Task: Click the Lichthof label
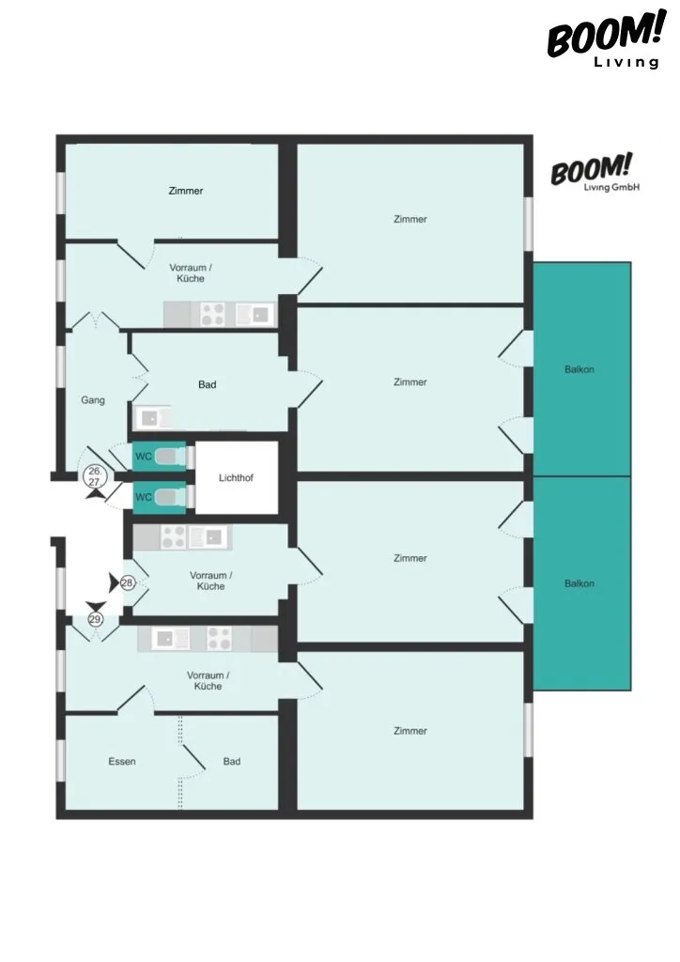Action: [236, 478]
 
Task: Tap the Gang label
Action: [93, 400]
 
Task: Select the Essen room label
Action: [122, 761]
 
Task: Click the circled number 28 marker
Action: [128, 582]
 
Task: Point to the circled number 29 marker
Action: [95, 620]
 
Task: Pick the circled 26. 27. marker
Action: [95, 476]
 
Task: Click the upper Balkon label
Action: [579, 369]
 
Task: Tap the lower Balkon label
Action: [579, 583]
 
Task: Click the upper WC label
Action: [144, 457]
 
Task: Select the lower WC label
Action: [144, 497]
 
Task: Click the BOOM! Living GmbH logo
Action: [595, 173]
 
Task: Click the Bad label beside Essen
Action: [232, 761]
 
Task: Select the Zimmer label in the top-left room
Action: [186, 191]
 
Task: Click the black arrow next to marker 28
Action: [114, 582]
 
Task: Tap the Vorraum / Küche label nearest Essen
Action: [209, 681]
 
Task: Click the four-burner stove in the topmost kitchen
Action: [212, 316]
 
